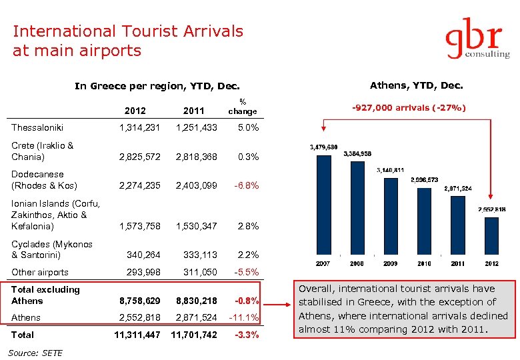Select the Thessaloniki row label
point(37,127)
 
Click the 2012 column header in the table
point(135,111)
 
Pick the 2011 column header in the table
point(193,111)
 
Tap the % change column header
point(243,106)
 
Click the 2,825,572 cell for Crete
point(139,157)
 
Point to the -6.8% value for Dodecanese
point(246,185)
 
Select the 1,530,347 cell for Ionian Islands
point(197,226)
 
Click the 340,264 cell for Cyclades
point(143,255)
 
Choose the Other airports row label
point(40,272)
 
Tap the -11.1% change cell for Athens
point(243,318)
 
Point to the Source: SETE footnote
point(37,353)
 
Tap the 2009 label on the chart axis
point(390,264)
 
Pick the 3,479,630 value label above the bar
point(323,147)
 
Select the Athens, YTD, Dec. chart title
point(416,85)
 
